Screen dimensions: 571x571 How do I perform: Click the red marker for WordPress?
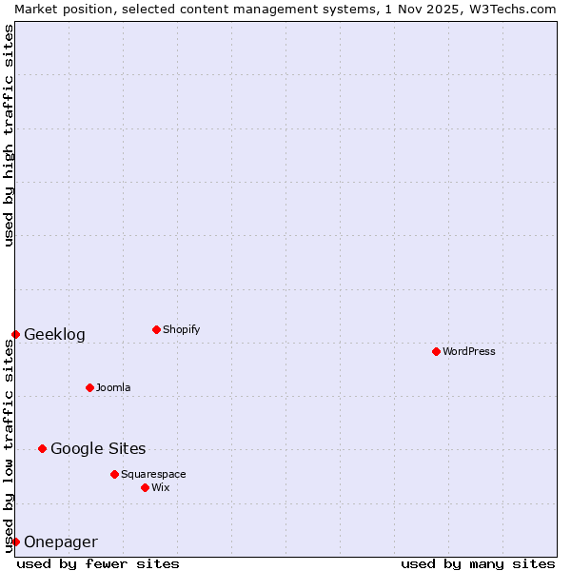click(436, 351)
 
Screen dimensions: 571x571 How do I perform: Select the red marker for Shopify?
click(156, 329)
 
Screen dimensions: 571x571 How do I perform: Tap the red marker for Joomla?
click(89, 387)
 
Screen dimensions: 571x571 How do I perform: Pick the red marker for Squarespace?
click(114, 474)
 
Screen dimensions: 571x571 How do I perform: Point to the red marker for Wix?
click(145, 487)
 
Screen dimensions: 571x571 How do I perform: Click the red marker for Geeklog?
click(15, 334)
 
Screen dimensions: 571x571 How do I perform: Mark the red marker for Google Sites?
click(42, 448)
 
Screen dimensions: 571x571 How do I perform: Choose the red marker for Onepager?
click(15, 541)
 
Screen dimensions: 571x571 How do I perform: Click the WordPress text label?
click(469, 351)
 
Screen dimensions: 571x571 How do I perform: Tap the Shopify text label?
click(182, 329)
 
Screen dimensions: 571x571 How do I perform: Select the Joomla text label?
click(113, 387)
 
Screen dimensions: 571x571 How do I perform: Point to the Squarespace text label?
click(153, 474)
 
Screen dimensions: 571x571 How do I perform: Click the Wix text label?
click(161, 487)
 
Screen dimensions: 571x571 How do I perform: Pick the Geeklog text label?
click(54, 334)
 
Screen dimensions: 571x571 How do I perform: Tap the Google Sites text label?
click(98, 448)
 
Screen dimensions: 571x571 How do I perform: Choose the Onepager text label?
click(60, 541)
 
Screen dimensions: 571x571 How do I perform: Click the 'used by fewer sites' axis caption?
click(98, 563)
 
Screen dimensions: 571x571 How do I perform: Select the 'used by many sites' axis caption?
click(478, 563)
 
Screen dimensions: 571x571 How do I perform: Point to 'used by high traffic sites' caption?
click(9, 135)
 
